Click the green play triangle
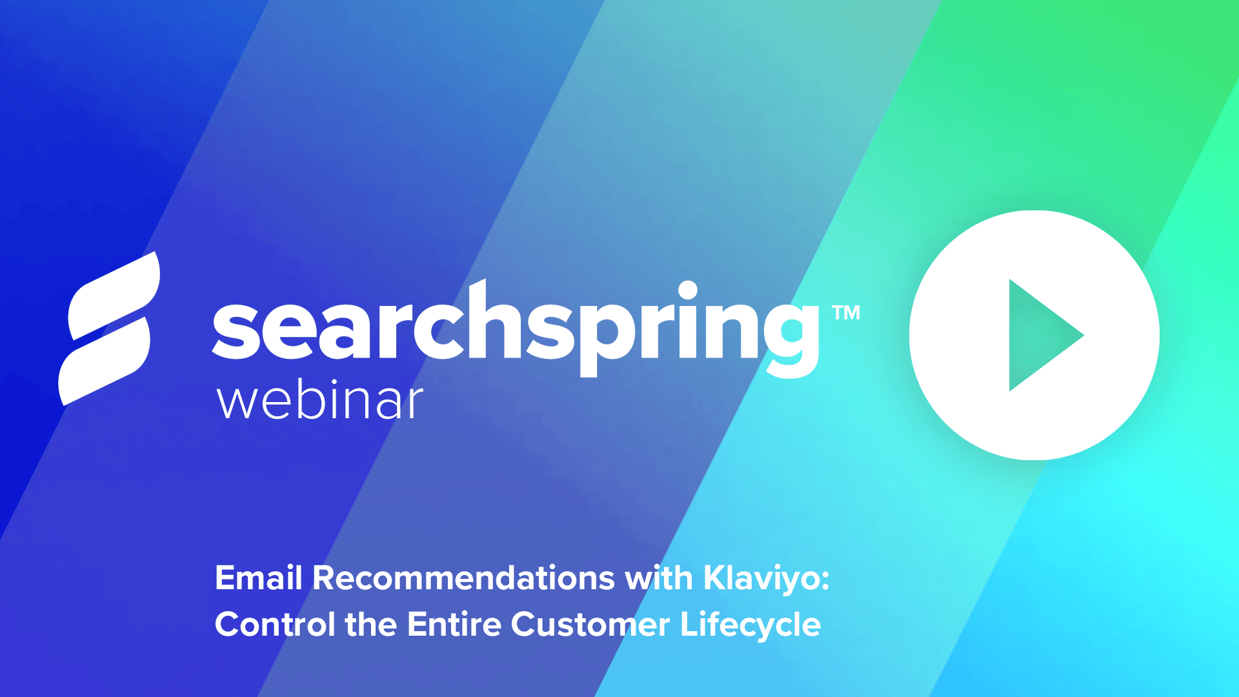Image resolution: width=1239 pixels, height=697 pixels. pos(1039,335)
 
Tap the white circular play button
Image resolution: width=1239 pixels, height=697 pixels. pos(1034,335)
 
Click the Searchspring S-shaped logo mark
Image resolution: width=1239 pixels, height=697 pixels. pos(110,328)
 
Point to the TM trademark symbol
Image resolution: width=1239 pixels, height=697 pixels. pos(846,313)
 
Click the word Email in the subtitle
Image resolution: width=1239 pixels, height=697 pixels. pos(259,578)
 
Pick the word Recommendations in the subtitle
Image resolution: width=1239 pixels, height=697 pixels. pos(463,578)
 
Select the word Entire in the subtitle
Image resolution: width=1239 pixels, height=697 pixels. pos(454,625)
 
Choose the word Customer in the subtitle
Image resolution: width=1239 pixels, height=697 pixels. pos(590,625)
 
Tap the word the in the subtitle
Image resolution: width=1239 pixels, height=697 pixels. pos(371,625)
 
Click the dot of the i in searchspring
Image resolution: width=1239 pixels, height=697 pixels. pos(688,290)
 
